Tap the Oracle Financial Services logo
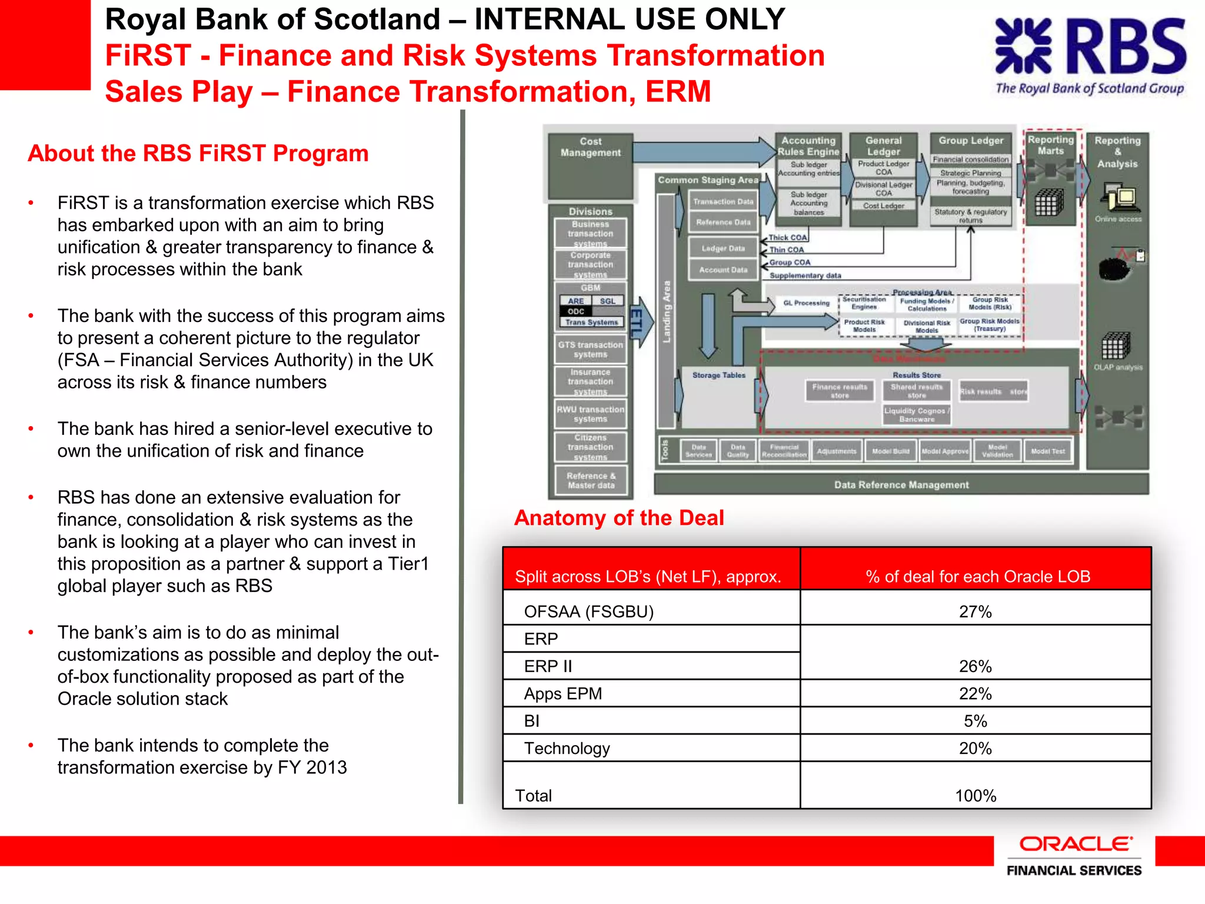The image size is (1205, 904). coord(1074,856)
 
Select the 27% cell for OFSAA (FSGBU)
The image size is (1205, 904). coord(975,611)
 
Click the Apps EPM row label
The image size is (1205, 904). coord(563,693)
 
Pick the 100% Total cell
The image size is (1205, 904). coord(975,795)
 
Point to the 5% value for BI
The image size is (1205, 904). coord(975,721)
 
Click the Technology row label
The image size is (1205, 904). coord(567,748)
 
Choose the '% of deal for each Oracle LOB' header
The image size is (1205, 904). coord(977,576)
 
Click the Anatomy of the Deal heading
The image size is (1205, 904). coord(618,518)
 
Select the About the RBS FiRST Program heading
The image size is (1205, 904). coord(198,154)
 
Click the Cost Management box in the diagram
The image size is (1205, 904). coord(590,147)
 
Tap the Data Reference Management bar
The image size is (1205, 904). coord(901,485)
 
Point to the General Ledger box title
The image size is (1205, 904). coord(883,146)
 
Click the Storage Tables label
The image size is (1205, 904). coord(718,375)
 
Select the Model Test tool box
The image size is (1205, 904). coord(1047,451)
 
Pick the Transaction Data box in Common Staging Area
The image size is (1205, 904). coord(723,201)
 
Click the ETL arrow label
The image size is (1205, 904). coord(637,323)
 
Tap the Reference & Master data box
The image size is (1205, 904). coord(591,480)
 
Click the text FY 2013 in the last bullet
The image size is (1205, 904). coord(312,767)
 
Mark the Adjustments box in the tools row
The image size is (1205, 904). coord(836,451)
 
